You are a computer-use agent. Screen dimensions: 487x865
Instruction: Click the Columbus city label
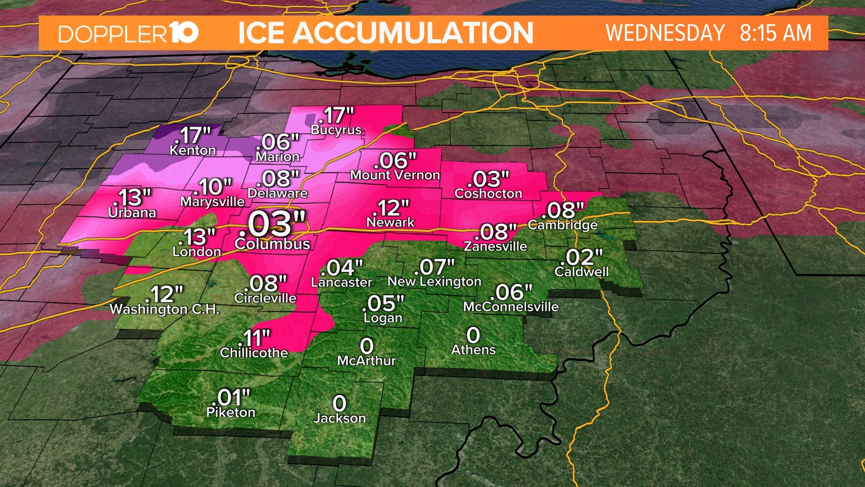coord(273,244)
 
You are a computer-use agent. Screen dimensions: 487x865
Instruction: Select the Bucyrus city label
coord(336,130)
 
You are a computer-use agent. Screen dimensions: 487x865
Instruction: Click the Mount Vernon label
coord(395,175)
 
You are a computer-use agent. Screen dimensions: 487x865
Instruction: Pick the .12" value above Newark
coord(390,208)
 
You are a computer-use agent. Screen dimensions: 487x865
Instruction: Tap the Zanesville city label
coord(495,246)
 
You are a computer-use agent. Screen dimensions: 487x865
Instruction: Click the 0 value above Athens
coord(473,335)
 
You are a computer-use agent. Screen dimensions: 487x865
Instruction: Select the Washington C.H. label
coord(164,309)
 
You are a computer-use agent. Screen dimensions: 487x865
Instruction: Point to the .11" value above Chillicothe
coord(255,338)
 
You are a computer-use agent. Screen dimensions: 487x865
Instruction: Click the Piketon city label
coord(231,412)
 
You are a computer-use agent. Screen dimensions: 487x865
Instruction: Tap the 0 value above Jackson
coord(339,403)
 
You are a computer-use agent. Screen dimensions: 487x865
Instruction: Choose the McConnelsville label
coord(510,307)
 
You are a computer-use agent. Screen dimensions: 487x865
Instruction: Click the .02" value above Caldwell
coord(581,257)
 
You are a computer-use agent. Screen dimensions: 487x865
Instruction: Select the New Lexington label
coord(434,282)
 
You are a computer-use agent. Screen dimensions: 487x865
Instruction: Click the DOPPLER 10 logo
coord(128,33)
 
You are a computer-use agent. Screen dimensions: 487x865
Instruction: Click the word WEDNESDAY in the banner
coord(665,33)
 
